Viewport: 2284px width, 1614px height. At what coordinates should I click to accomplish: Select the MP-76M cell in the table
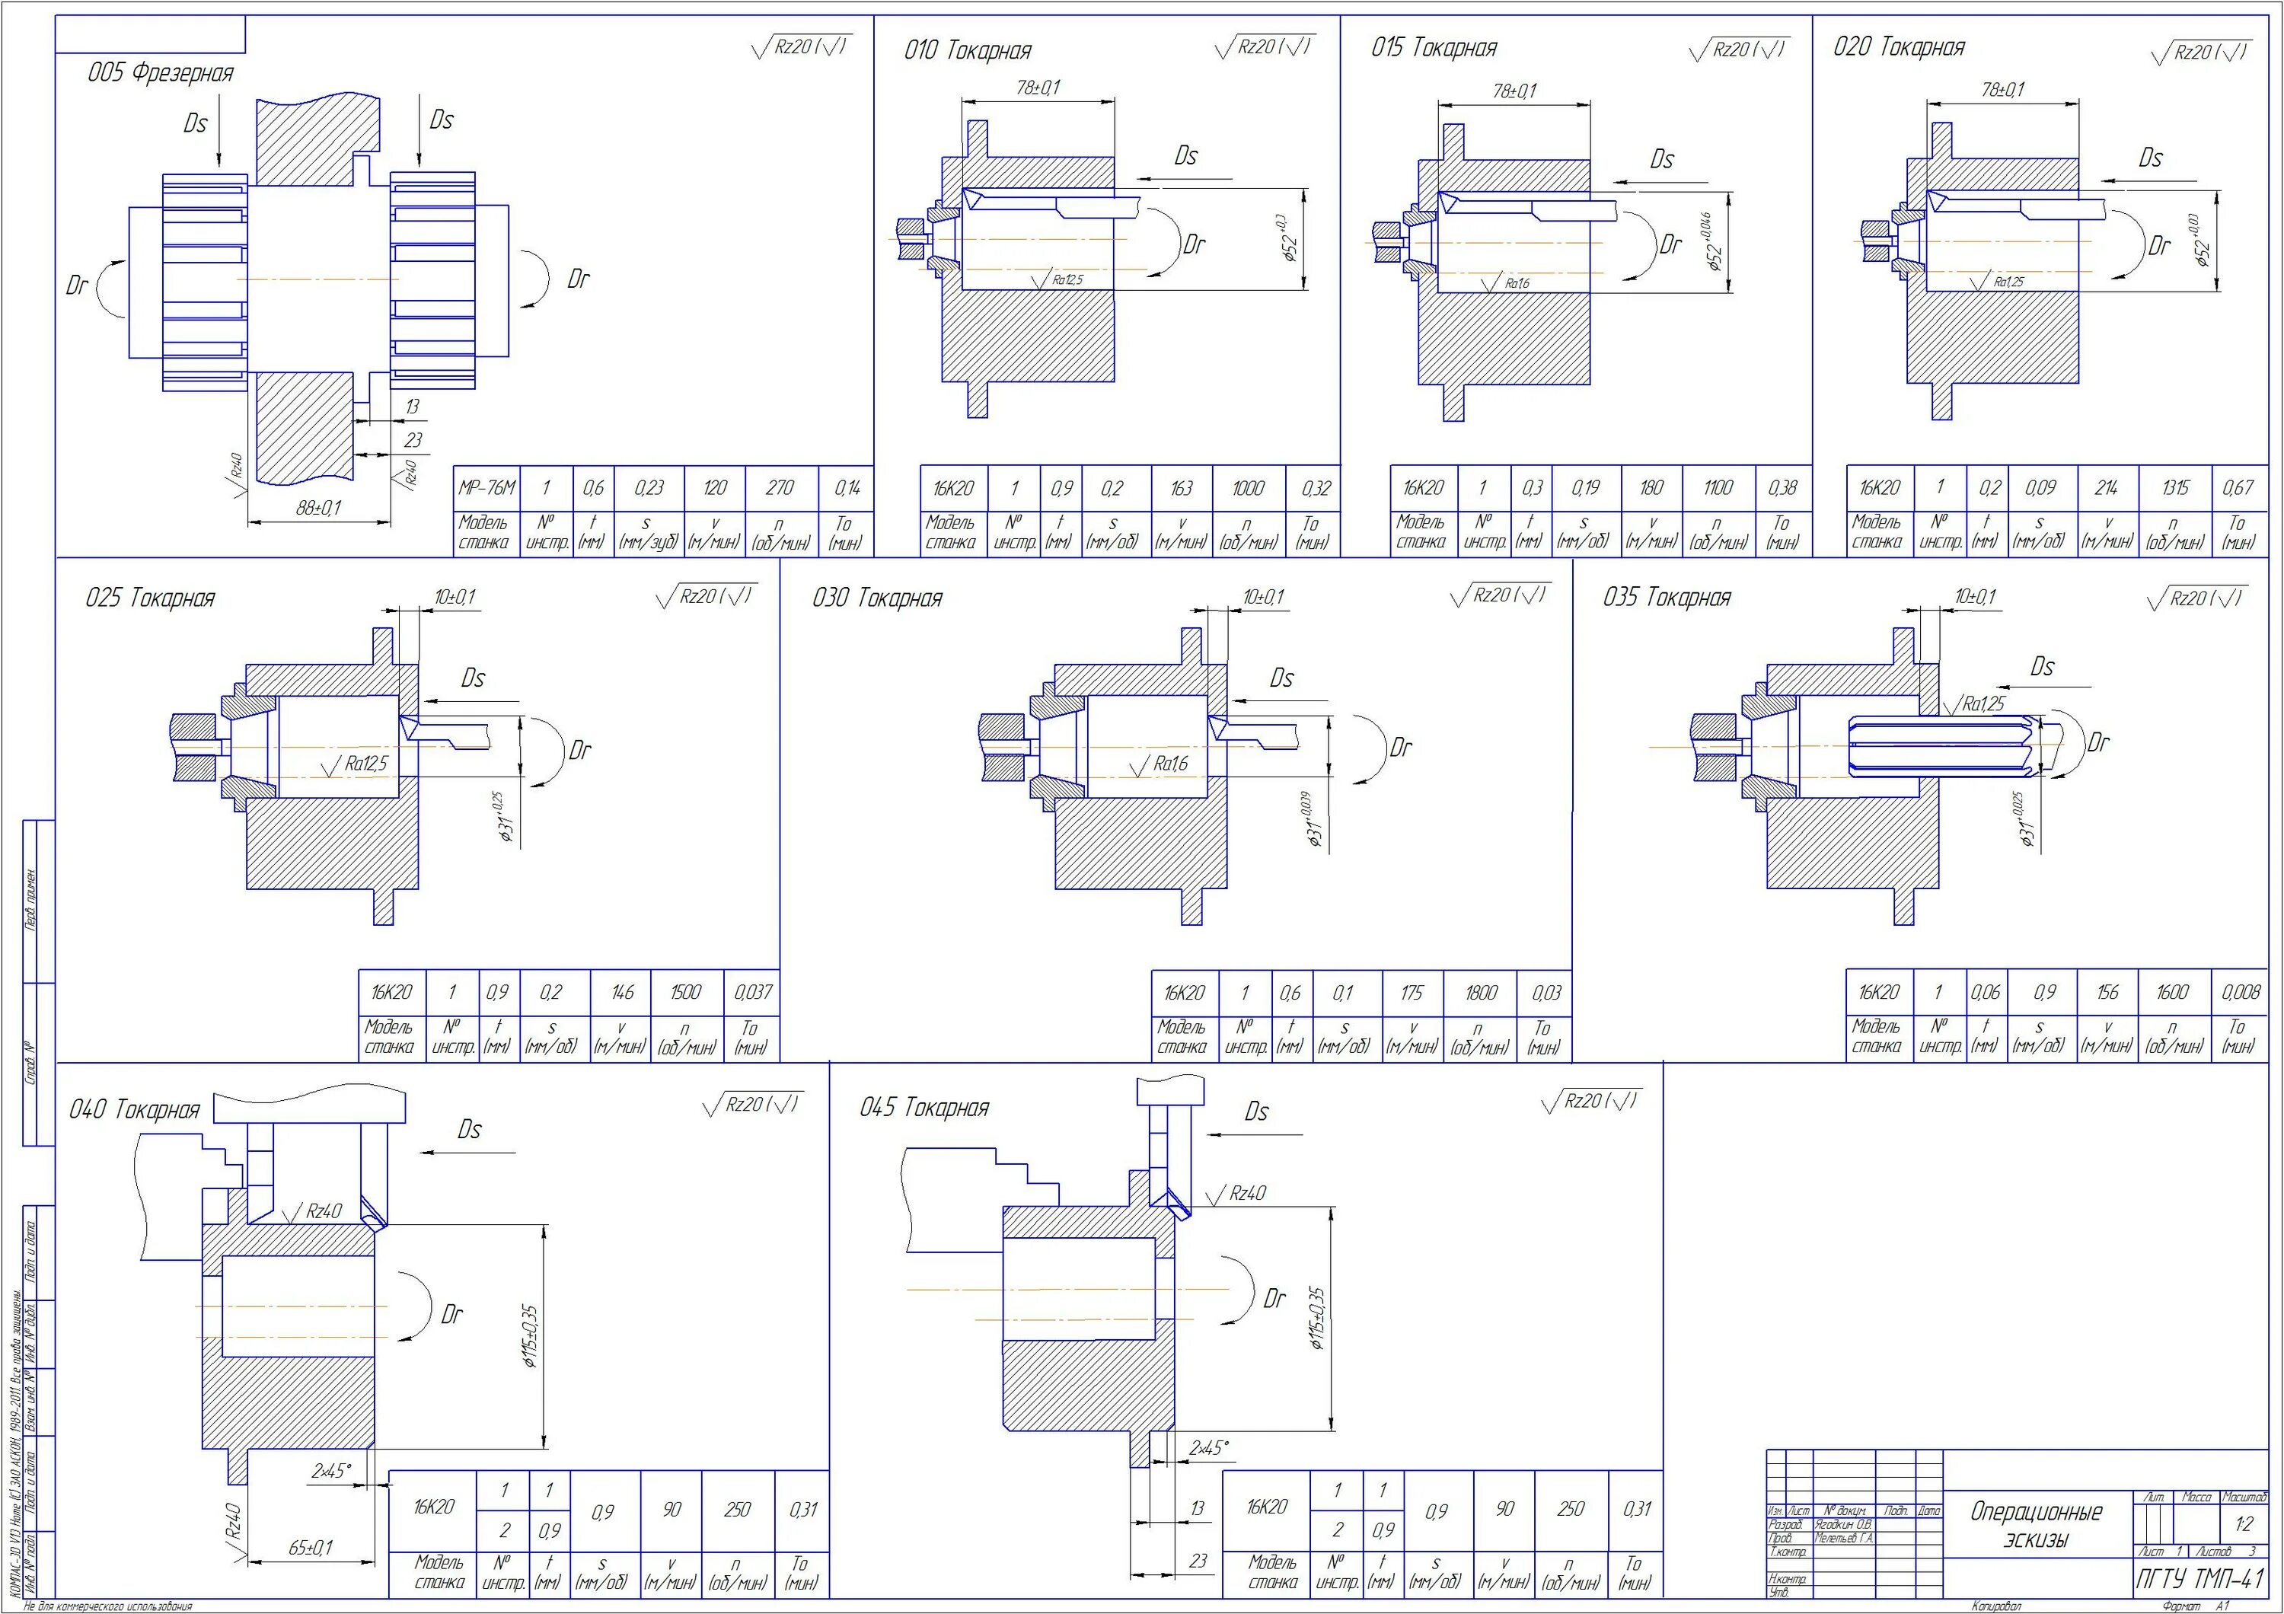coord(486,488)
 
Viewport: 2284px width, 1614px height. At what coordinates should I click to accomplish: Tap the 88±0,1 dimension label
coord(318,507)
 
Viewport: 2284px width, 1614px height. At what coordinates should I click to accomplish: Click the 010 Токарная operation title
coord(967,51)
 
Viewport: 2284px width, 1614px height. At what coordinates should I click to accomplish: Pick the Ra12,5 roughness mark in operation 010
coord(1067,280)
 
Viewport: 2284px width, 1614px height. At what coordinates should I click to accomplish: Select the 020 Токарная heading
coord(1898,48)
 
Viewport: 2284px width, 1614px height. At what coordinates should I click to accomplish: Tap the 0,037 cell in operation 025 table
coord(752,993)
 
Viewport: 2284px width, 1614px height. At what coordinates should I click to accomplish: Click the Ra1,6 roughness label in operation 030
coord(1171,764)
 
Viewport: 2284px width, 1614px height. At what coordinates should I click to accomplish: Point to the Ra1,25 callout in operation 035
coord(1983,704)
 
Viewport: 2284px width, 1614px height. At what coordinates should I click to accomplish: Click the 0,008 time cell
coord(2239,993)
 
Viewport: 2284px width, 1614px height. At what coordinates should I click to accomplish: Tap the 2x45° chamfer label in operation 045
coord(1209,1448)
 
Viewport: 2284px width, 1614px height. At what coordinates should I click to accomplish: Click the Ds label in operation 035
coord(2041,666)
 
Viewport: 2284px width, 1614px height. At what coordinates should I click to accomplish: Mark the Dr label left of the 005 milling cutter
coord(77,286)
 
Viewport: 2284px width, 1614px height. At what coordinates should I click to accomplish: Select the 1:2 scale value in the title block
coord(2243,1524)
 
